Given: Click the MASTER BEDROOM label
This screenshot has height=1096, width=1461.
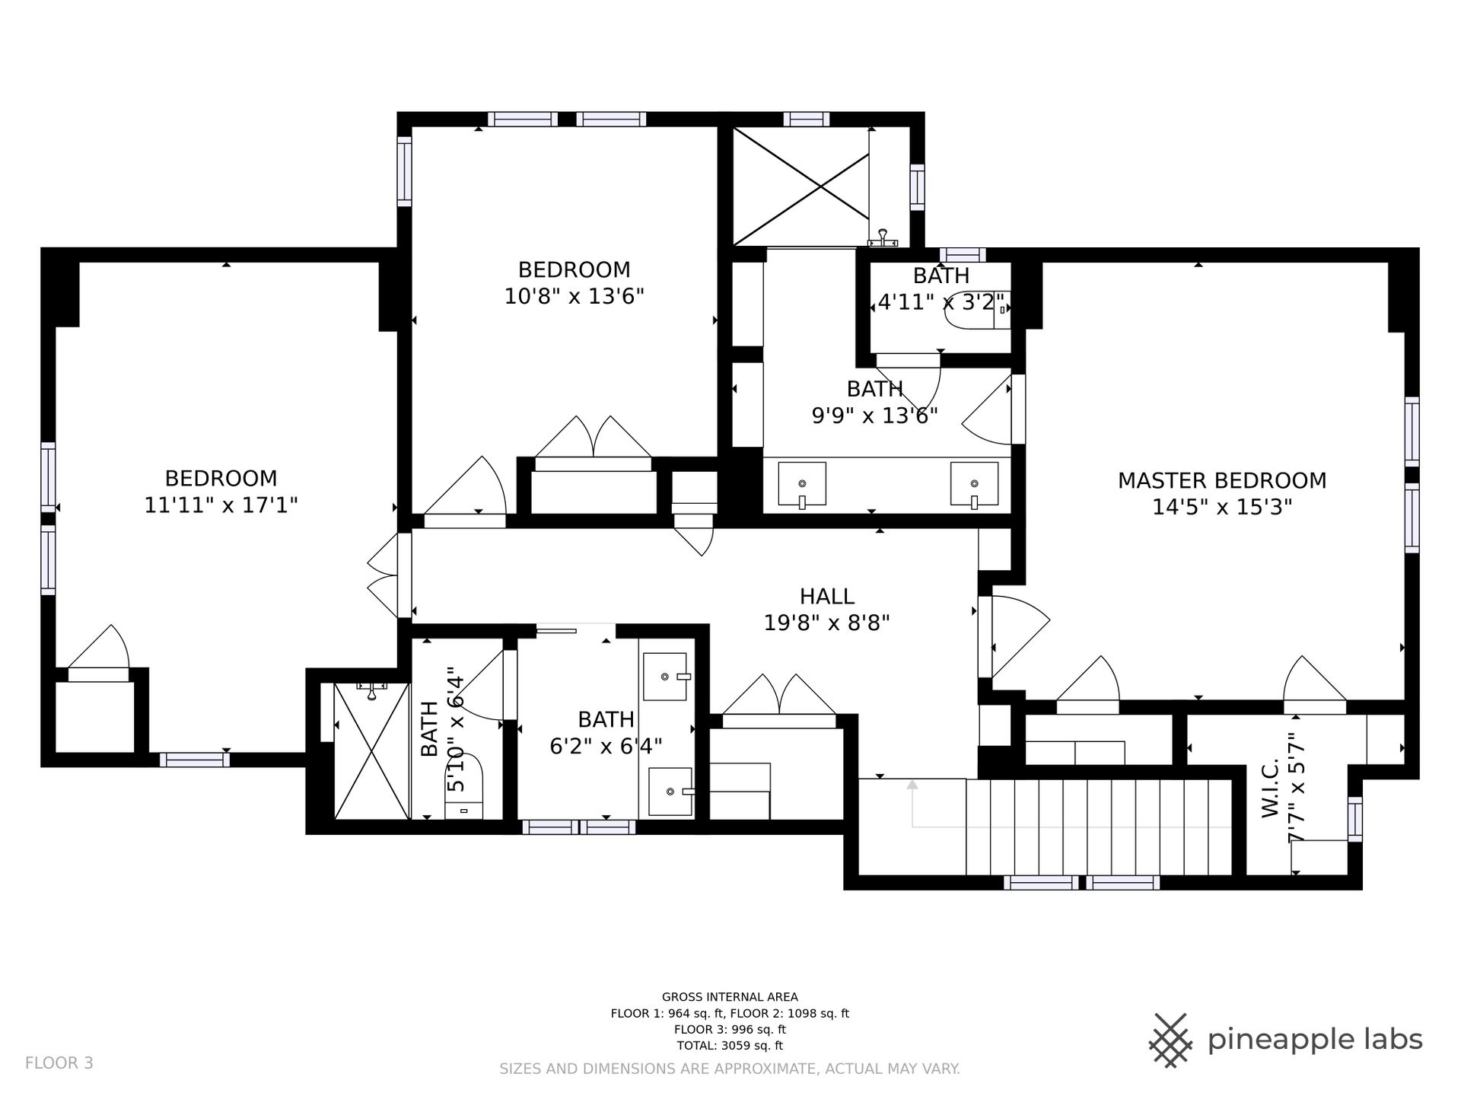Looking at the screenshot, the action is [x=1221, y=480].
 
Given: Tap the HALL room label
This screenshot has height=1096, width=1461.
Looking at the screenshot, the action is [x=826, y=596].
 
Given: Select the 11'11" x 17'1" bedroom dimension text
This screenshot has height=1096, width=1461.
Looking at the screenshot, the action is [x=221, y=505].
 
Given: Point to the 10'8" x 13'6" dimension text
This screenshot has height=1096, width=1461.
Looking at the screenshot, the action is [x=575, y=296].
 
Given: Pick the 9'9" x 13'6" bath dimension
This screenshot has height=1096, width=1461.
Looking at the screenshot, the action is [x=874, y=416].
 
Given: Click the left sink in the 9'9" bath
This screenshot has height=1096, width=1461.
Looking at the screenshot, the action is [x=802, y=486].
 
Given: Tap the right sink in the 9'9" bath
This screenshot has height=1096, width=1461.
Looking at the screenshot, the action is [x=975, y=486].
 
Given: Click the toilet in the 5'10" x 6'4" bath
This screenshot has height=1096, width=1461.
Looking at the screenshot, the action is [x=464, y=785].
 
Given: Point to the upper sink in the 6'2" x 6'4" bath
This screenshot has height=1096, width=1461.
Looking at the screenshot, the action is [x=666, y=676].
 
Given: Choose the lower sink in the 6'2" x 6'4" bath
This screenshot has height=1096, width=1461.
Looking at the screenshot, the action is [x=670, y=792].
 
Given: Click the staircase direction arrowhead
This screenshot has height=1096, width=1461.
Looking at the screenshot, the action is [x=912, y=785].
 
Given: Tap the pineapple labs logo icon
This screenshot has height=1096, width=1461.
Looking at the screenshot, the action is [x=1172, y=1039].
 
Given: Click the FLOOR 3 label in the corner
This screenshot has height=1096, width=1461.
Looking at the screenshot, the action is [x=59, y=1063].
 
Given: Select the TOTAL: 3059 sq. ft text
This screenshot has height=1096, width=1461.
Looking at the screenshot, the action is [x=730, y=1046].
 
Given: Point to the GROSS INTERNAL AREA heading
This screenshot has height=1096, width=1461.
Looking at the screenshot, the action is [x=730, y=997].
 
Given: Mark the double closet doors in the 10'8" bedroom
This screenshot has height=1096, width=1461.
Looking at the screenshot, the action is [x=594, y=437].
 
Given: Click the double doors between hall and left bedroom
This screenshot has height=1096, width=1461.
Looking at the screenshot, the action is [x=383, y=575].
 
